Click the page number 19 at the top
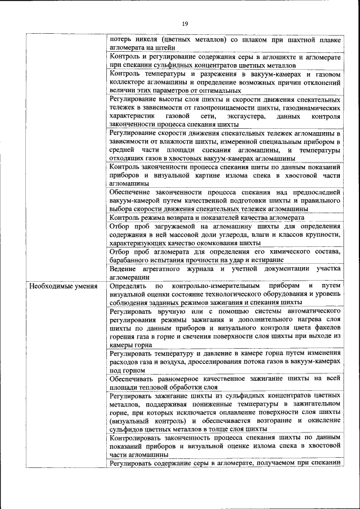[184, 23]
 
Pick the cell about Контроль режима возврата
[224, 217]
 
